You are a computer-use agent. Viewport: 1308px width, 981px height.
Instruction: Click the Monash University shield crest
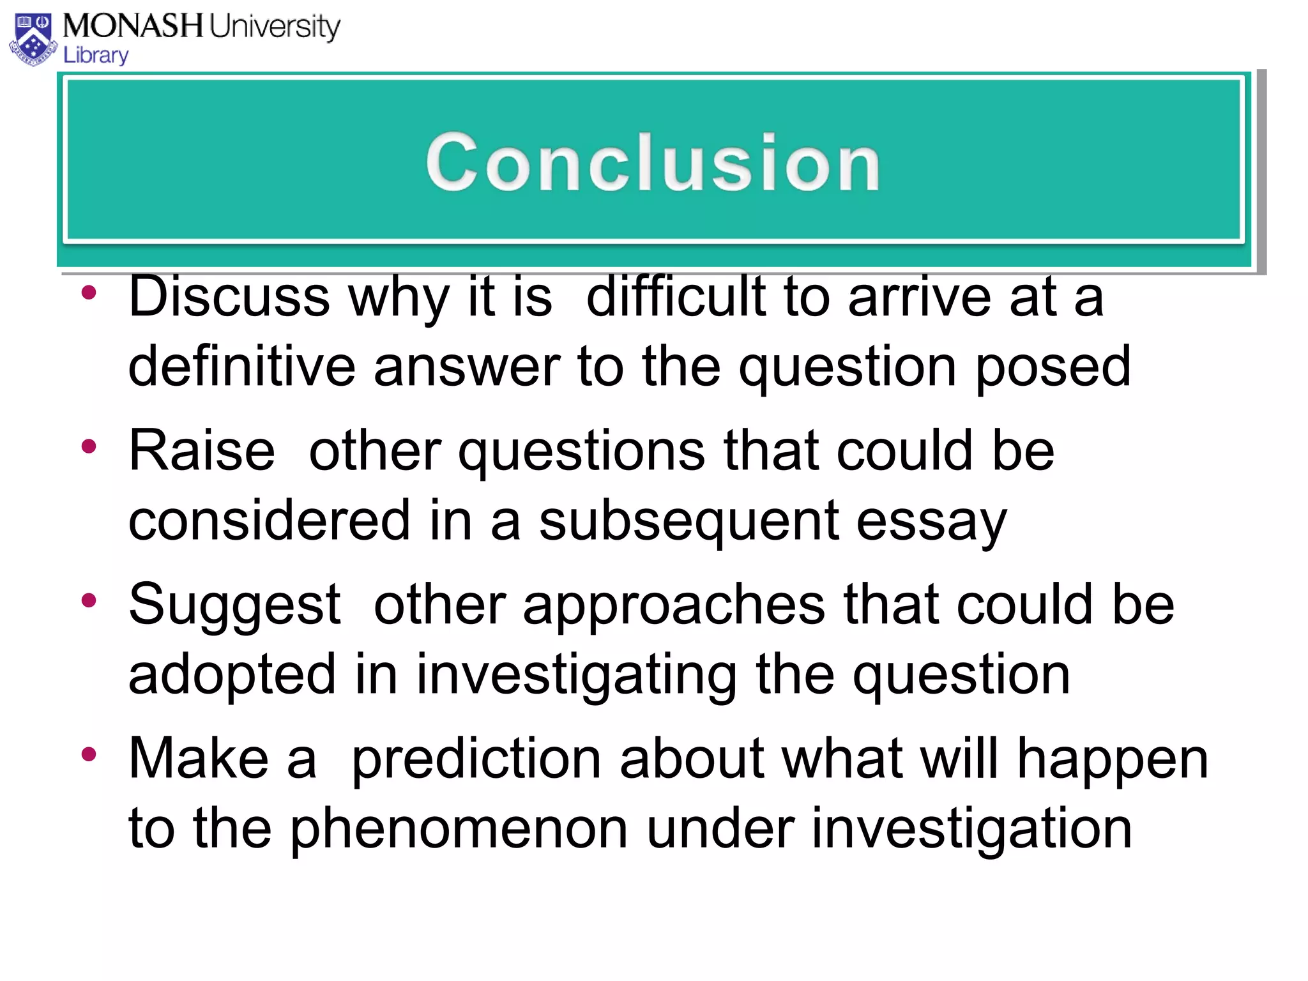point(33,40)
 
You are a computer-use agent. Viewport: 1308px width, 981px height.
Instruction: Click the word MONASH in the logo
point(133,26)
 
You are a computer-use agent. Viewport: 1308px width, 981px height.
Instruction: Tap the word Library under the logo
point(96,56)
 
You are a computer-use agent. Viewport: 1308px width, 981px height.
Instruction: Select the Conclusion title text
point(653,162)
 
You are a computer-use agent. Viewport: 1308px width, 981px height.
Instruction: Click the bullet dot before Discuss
point(89,294)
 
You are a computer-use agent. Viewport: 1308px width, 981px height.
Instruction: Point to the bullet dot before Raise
point(89,446)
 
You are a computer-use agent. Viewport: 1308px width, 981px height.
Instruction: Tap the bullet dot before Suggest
point(89,600)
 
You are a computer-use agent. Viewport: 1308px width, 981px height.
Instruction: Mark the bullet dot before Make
point(89,754)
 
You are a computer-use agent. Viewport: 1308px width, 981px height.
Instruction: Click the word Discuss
point(229,297)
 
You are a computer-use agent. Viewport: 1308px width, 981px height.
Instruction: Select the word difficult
point(676,297)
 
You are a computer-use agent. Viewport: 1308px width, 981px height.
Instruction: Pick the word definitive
point(241,367)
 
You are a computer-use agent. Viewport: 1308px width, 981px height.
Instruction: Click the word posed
point(1053,368)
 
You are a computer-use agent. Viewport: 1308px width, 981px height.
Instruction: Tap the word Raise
point(202,451)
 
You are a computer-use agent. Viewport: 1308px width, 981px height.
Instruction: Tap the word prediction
point(476,759)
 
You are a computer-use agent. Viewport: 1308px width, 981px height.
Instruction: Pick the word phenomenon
point(459,829)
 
